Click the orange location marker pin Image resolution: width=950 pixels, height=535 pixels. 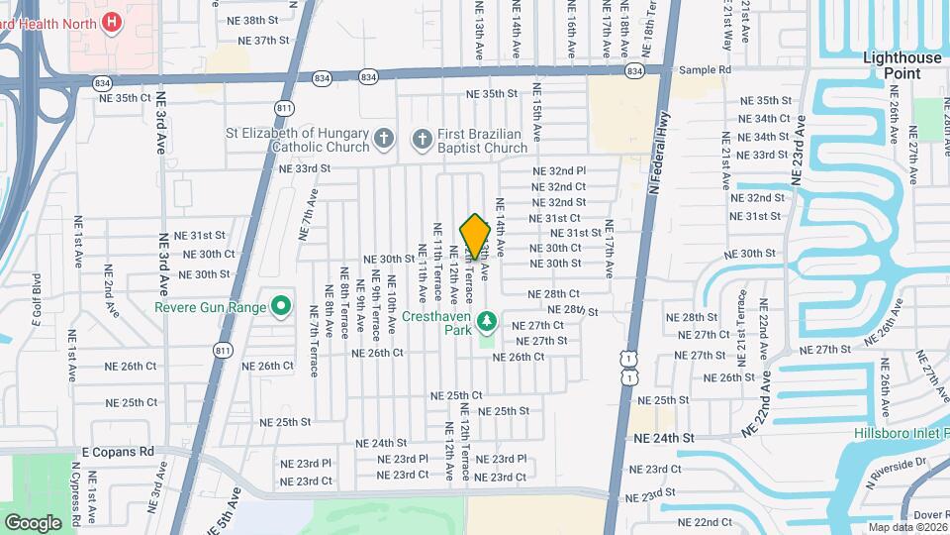[x=475, y=237]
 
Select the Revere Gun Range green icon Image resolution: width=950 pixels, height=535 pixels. [x=281, y=307]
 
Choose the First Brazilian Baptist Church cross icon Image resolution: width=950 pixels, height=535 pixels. [x=422, y=139]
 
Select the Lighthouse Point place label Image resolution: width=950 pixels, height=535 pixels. [x=902, y=65]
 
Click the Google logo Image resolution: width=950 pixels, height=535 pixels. [x=33, y=522]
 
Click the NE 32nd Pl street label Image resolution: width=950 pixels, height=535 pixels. [x=559, y=170]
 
